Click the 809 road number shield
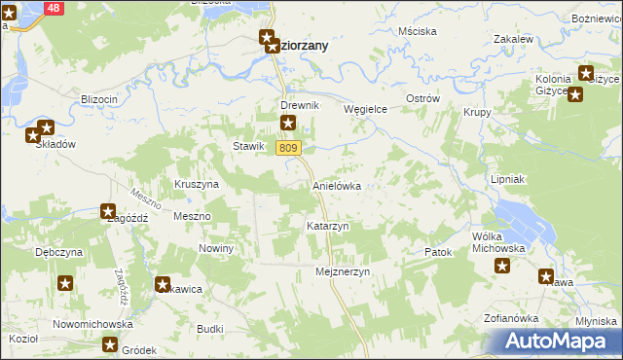pyautogui.click(x=287, y=148)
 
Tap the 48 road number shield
pyautogui.click(x=53, y=7)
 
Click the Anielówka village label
pyautogui.click(x=337, y=185)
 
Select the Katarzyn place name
pyautogui.click(x=327, y=226)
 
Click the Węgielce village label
pyautogui.click(x=366, y=110)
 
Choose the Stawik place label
pyautogui.click(x=248, y=147)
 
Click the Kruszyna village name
pyautogui.click(x=197, y=184)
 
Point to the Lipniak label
pyautogui.click(x=508, y=180)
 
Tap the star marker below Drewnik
pyautogui.click(x=288, y=123)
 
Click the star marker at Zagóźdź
pyautogui.click(x=108, y=210)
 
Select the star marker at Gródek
pyautogui.click(x=111, y=344)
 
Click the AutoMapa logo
pyautogui.click(x=558, y=341)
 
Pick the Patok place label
pyautogui.click(x=439, y=252)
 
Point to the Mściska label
pyautogui.click(x=418, y=31)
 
